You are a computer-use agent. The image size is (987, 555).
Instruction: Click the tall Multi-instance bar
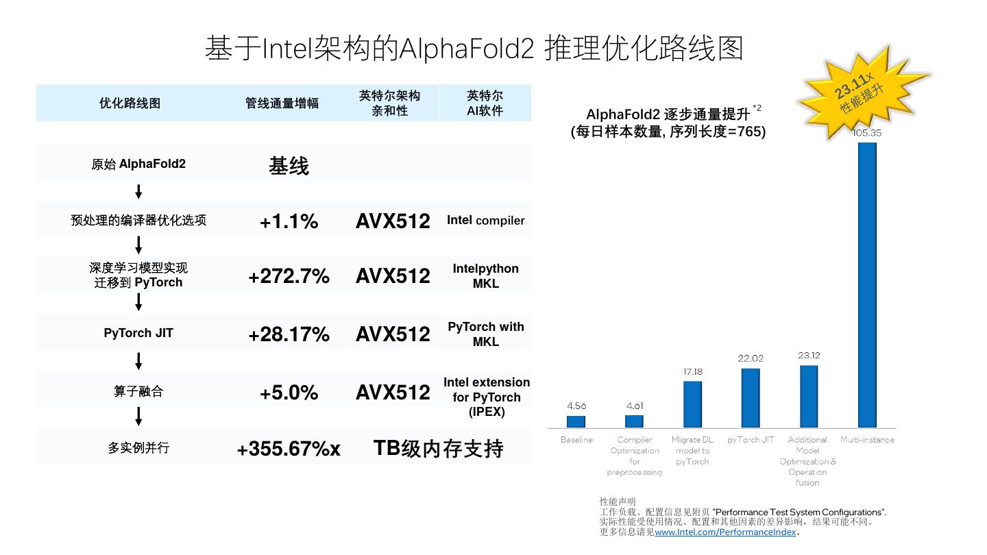click(x=867, y=284)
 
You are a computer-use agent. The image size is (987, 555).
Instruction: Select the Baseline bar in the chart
click(x=576, y=421)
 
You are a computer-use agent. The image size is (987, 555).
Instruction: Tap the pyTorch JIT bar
click(x=751, y=397)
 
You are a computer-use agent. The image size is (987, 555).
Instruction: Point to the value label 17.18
click(x=692, y=372)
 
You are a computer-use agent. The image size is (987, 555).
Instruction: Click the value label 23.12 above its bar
click(x=809, y=356)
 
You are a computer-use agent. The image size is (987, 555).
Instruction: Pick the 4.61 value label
click(x=635, y=406)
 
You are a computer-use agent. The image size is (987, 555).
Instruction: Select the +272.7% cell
click(x=289, y=276)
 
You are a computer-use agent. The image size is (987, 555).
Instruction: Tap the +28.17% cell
click(x=289, y=334)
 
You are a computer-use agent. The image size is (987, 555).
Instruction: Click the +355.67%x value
click(x=289, y=449)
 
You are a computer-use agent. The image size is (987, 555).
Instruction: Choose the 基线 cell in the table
click(x=289, y=166)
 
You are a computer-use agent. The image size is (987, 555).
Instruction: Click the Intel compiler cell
click(x=485, y=221)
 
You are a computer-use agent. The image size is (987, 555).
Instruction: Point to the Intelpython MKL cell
click(x=485, y=275)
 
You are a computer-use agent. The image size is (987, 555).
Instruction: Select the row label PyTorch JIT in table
click(x=138, y=333)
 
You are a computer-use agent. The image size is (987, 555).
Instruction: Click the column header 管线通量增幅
click(x=282, y=103)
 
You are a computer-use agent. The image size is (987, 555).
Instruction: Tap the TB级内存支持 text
click(x=439, y=448)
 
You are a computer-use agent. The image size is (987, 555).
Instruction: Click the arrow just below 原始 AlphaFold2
click(x=138, y=191)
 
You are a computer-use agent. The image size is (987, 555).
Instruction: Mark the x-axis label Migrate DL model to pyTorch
click(x=692, y=450)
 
